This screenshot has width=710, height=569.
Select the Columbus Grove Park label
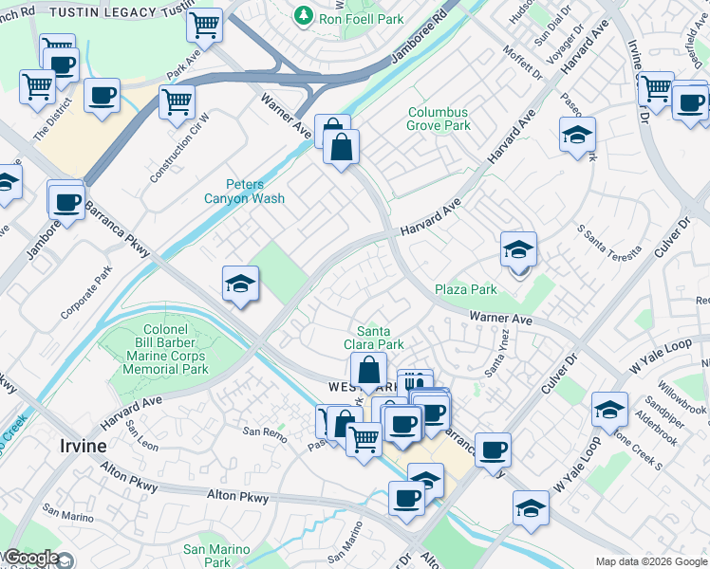pyautogui.click(x=439, y=119)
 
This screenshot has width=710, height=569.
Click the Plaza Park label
pyautogui.click(x=466, y=289)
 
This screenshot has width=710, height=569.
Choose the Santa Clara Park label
pyautogui.click(x=379, y=338)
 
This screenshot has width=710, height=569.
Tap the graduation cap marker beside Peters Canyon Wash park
pyautogui.click(x=241, y=284)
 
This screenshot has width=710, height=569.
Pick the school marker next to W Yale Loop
pyautogui.click(x=608, y=410)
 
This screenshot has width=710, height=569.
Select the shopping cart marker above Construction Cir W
pyautogui.click(x=177, y=101)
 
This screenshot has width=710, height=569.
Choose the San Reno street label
pyautogui.click(x=263, y=431)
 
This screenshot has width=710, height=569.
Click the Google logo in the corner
pyautogui.click(x=31, y=558)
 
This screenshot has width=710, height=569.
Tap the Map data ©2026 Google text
pyautogui.click(x=651, y=561)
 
